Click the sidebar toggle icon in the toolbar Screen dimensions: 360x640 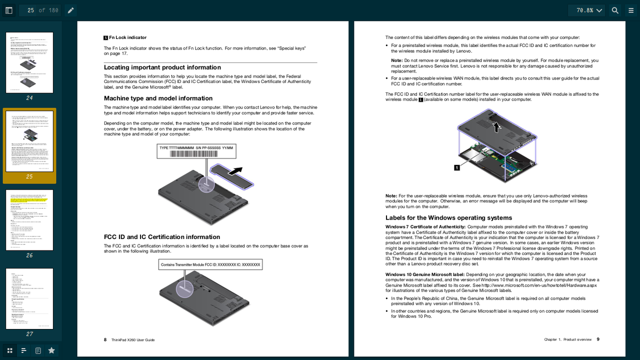(9, 10)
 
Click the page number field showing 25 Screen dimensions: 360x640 (30, 10)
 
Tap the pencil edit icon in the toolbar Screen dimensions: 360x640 (71, 10)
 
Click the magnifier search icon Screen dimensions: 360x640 (615, 10)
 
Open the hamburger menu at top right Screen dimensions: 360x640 (631, 10)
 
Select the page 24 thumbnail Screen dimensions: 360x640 (29, 62)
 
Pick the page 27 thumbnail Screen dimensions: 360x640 (29, 298)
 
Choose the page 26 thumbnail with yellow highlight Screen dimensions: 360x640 (29, 220)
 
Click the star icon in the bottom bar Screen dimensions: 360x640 (51, 350)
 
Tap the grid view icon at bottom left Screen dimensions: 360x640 (9, 350)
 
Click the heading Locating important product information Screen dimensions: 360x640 (162, 67)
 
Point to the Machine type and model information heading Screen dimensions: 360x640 (158, 98)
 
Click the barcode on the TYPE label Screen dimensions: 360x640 (196, 154)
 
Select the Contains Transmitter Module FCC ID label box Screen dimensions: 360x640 (210, 264)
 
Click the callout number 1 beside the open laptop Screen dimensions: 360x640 (456, 167)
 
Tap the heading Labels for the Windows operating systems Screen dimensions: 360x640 (448, 218)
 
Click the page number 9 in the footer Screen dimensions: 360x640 (598, 339)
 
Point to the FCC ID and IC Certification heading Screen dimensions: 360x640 (162, 237)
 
